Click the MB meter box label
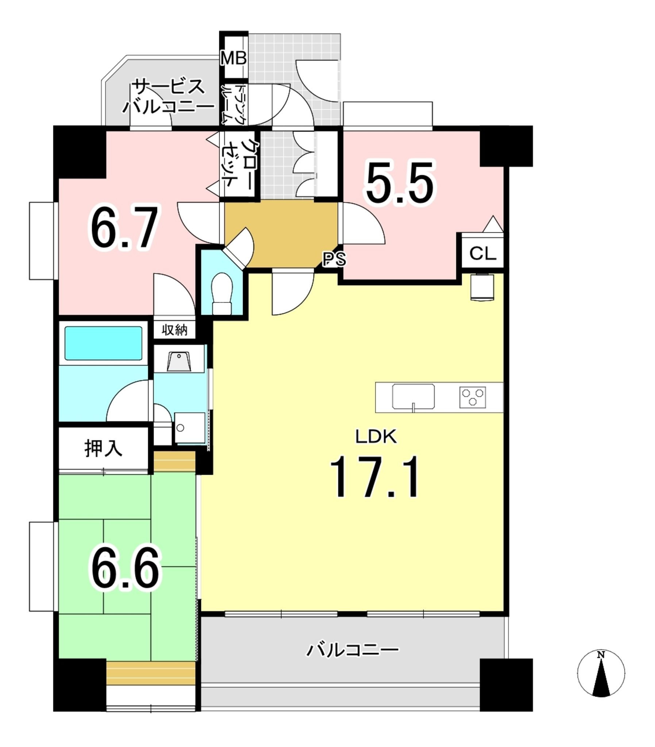(x=234, y=58)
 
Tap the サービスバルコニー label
(x=168, y=97)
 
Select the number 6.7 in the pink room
(x=124, y=227)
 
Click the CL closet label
(x=483, y=253)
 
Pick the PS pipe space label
(x=334, y=259)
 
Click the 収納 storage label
(x=174, y=330)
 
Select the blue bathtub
(x=103, y=343)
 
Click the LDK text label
(x=376, y=437)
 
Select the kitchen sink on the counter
(x=413, y=396)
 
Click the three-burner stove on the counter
(x=473, y=397)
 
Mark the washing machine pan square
(x=190, y=428)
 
